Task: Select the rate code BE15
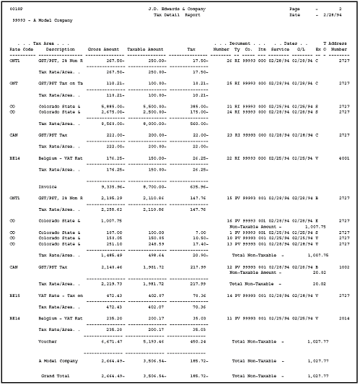pyautogui.click(x=15, y=295)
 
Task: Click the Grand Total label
pyautogui.click(x=56, y=376)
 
